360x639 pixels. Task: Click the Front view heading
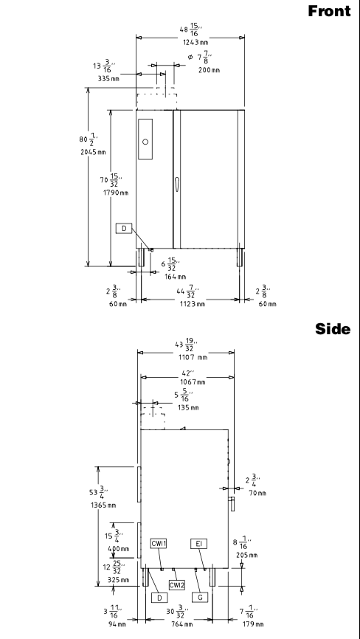329,11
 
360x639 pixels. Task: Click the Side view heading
333,329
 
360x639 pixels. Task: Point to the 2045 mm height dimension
93,152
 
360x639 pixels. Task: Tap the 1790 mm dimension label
116,193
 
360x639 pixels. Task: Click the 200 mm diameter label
209,69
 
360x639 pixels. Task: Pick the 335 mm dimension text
108,79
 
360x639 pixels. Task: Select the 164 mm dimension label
175,277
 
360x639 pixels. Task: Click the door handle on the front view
177,184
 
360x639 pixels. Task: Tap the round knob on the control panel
145,142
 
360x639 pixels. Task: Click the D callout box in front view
124,229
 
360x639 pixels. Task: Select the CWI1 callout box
159,543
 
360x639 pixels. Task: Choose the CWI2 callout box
177,585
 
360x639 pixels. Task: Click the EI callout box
198,543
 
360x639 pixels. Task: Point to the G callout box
200,598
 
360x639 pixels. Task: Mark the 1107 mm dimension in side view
193,357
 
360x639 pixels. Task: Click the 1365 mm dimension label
103,505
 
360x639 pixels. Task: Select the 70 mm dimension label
257,493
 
